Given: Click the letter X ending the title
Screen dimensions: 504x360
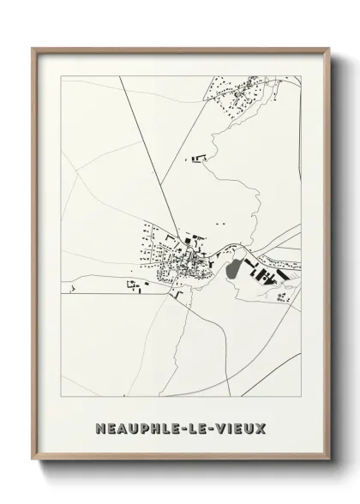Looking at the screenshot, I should coord(261,426).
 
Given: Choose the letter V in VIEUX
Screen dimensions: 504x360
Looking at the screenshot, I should coord(223,426).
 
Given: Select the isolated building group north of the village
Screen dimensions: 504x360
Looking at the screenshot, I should coord(201,157).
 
